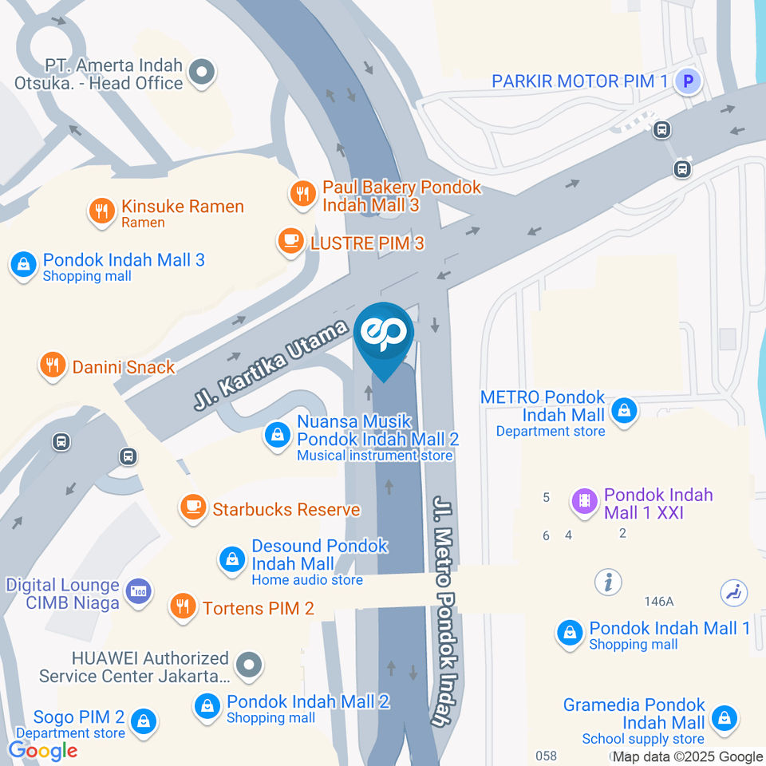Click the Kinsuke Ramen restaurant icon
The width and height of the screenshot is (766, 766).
101,211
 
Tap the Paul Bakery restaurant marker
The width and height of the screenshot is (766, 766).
302,192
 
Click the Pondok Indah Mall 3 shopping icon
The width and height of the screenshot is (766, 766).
23,263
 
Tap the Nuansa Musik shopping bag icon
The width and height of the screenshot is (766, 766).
277,435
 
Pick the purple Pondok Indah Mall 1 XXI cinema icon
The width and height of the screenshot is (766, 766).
585,501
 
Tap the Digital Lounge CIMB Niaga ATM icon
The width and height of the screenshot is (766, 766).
138,591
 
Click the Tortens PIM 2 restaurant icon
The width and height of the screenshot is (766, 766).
184,606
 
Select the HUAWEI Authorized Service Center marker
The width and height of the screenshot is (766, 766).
250,663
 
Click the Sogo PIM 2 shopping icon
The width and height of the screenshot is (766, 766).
143,721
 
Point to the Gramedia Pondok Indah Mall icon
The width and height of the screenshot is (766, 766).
724,716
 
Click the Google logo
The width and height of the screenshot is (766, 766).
42,750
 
